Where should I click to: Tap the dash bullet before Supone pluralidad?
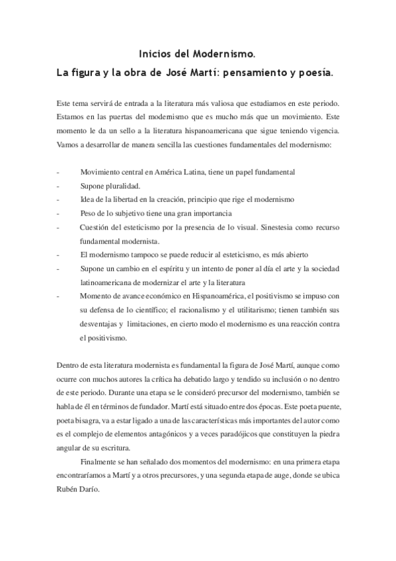[x=59, y=185]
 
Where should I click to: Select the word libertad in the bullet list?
[x=125, y=199]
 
